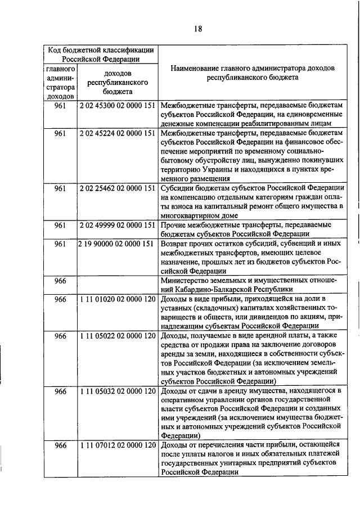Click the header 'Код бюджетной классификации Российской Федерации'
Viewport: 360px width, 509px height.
(100, 53)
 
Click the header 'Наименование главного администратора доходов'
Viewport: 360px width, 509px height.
(251, 67)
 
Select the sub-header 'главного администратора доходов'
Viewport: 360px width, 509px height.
(61, 82)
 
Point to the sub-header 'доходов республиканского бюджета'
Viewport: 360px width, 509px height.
(118, 82)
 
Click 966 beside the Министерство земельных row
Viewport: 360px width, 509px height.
(61, 280)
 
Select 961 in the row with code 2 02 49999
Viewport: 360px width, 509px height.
(61, 225)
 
